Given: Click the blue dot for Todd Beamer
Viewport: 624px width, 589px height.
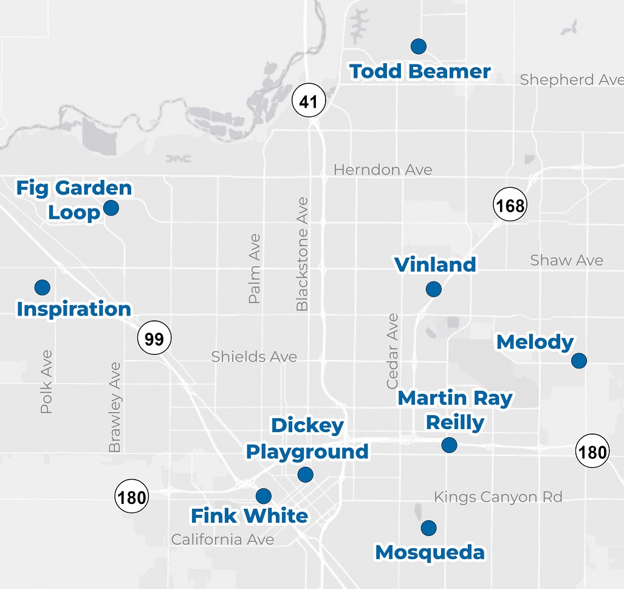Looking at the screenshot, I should coord(418,46).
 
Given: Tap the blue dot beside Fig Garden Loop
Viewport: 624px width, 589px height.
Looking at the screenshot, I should coord(111,208).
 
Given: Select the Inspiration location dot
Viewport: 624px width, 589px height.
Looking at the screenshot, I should coord(42,287).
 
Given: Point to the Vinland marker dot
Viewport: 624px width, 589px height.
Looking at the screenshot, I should coord(433,289).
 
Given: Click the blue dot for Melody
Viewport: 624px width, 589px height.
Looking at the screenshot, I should coord(578,360).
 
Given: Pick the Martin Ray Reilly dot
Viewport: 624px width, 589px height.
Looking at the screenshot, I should coord(449,445).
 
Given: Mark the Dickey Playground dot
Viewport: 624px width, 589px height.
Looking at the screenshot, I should coord(305,474).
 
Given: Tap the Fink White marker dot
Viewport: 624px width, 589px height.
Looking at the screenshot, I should coord(263,496).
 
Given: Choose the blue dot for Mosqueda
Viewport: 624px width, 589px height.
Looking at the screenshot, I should coord(428,528).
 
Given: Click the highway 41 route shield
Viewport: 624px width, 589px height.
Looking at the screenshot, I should coord(309,101).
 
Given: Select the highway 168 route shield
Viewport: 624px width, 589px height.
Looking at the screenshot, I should coord(509,205).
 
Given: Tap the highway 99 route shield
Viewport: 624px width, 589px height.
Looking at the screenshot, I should coord(154,339).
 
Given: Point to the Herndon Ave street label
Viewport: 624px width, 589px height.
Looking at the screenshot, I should coord(383,170).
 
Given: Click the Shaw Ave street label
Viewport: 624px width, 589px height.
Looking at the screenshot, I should coord(566,261).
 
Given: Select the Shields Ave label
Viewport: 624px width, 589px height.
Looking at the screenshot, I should coord(254,356).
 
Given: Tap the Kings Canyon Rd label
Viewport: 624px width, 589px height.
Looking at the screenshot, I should coord(498,497).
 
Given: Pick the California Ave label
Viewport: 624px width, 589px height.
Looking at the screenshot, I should coord(222,539).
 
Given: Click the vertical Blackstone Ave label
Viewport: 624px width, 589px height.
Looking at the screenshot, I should coord(302,254).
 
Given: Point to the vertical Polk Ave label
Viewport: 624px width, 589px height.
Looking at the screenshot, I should coord(46,382).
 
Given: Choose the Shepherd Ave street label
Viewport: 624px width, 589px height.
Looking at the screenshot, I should coord(571,80).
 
